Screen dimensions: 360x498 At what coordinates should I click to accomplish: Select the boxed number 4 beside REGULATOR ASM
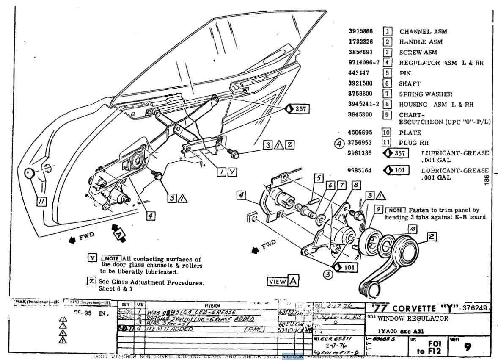tap(387, 63)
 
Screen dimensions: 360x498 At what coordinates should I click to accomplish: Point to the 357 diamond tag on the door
tap(298, 109)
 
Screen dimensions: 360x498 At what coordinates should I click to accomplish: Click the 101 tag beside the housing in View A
tap(345, 268)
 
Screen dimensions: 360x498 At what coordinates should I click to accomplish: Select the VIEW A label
tap(283, 281)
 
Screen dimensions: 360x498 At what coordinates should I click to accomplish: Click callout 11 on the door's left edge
tap(41, 202)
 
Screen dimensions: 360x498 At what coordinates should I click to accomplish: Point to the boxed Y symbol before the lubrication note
tap(92, 258)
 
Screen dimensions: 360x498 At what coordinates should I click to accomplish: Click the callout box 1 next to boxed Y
tap(222, 172)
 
